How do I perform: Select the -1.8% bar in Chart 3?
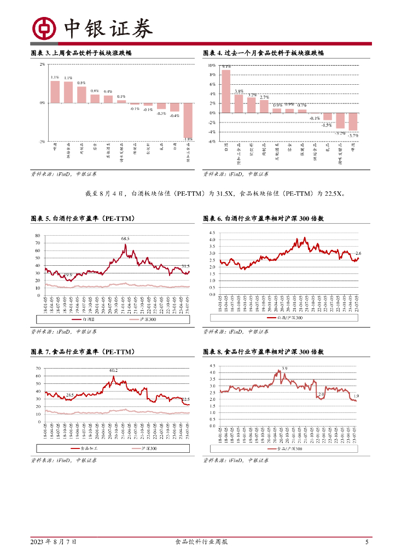tap(187, 121)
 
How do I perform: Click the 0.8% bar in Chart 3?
tap(81, 95)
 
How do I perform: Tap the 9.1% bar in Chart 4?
tap(226, 91)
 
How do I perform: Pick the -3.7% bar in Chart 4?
tap(353, 121)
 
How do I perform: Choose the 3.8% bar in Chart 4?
tap(238, 103)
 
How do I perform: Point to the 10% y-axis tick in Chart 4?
tap(212, 65)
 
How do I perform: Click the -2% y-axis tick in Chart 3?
tap(42, 141)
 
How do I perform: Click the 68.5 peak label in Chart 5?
tap(125, 238)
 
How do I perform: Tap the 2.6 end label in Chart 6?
tap(358, 253)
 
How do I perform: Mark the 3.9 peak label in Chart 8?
tap(284, 369)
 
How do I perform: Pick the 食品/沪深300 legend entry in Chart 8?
tap(285, 448)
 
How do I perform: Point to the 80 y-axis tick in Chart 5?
tap(38, 236)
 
